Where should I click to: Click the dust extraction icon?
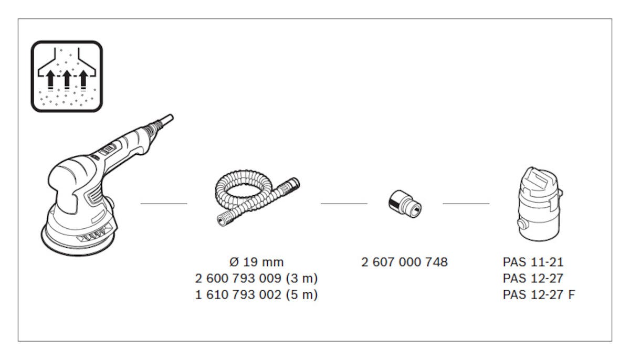pyautogui.click(x=67, y=77)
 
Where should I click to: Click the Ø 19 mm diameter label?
pyautogui.click(x=257, y=262)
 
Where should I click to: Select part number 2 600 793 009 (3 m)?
pyautogui.click(x=257, y=279)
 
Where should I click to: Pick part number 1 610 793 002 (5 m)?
pyautogui.click(x=257, y=295)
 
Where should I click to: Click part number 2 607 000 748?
pyautogui.click(x=404, y=262)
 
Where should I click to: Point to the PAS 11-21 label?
pyautogui.click(x=533, y=262)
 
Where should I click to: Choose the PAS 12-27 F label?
pyautogui.click(x=539, y=295)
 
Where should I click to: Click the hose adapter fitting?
pyautogui.click(x=405, y=204)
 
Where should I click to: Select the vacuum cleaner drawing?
pyautogui.click(x=540, y=204)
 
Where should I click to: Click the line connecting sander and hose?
pyautogui.click(x=164, y=204)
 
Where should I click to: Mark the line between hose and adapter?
pyautogui.click(x=344, y=204)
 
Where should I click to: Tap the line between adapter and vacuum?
pyautogui.click(x=466, y=204)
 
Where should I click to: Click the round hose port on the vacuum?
pyautogui.click(x=523, y=225)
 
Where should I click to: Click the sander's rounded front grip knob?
pyautogui.click(x=71, y=180)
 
